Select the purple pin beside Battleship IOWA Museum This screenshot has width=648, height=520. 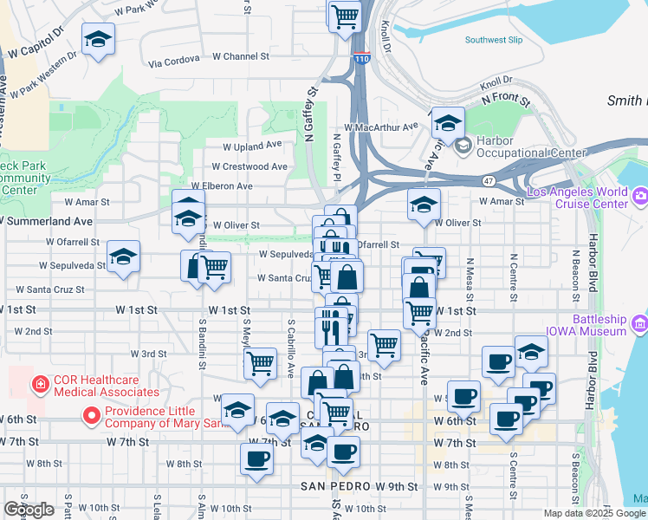click(x=640, y=324)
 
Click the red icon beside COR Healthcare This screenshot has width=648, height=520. click(x=40, y=384)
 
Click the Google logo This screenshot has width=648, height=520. click(x=29, y=510)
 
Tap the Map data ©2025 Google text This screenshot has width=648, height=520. click(x=595, y=513)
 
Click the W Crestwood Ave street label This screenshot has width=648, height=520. click(x=249, y=166)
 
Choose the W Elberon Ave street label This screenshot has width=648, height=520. click(x=222, y=185)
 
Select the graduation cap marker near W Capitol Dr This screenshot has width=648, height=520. click(x=99, y=39)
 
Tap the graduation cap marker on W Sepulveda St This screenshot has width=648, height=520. click(x=124, y=257)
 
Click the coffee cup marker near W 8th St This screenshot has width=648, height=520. click(x=257, y=459)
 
